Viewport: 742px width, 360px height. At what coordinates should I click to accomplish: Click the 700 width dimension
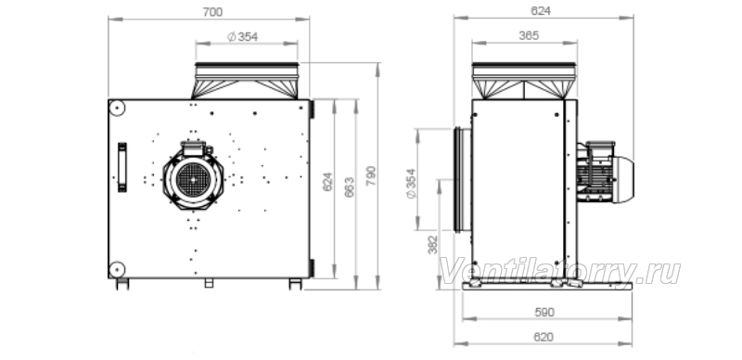212,12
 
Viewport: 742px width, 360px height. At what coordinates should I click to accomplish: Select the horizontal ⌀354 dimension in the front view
242,36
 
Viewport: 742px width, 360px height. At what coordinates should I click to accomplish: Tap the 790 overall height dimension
371,175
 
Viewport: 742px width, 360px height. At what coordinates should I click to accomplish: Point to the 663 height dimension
350,187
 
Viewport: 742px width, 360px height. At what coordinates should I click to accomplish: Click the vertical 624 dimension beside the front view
327,182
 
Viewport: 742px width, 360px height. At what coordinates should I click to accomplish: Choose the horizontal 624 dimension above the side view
541,11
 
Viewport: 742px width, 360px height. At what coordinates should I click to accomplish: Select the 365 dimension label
529,35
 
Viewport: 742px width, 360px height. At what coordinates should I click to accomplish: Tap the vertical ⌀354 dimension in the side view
411,184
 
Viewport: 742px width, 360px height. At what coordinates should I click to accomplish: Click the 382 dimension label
432,244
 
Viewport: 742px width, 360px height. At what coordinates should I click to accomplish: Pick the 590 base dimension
544,312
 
